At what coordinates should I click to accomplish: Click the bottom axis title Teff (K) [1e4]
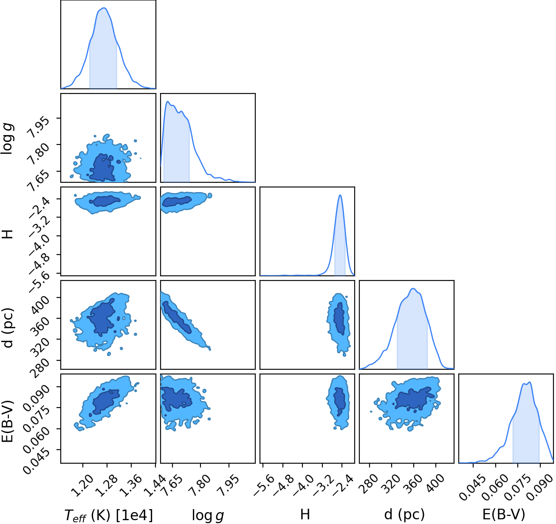pyautogui.click(x=109, y=515)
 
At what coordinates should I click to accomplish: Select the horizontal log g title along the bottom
pyautogui.click(x=208, y=516)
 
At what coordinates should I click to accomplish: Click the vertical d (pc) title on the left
pyautogui.click(x=8, y=328)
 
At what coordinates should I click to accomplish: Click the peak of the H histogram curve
pyautogui.click(x=340, y=195)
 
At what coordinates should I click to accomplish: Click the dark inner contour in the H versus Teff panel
pyautogui.click(x=105, y=201)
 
